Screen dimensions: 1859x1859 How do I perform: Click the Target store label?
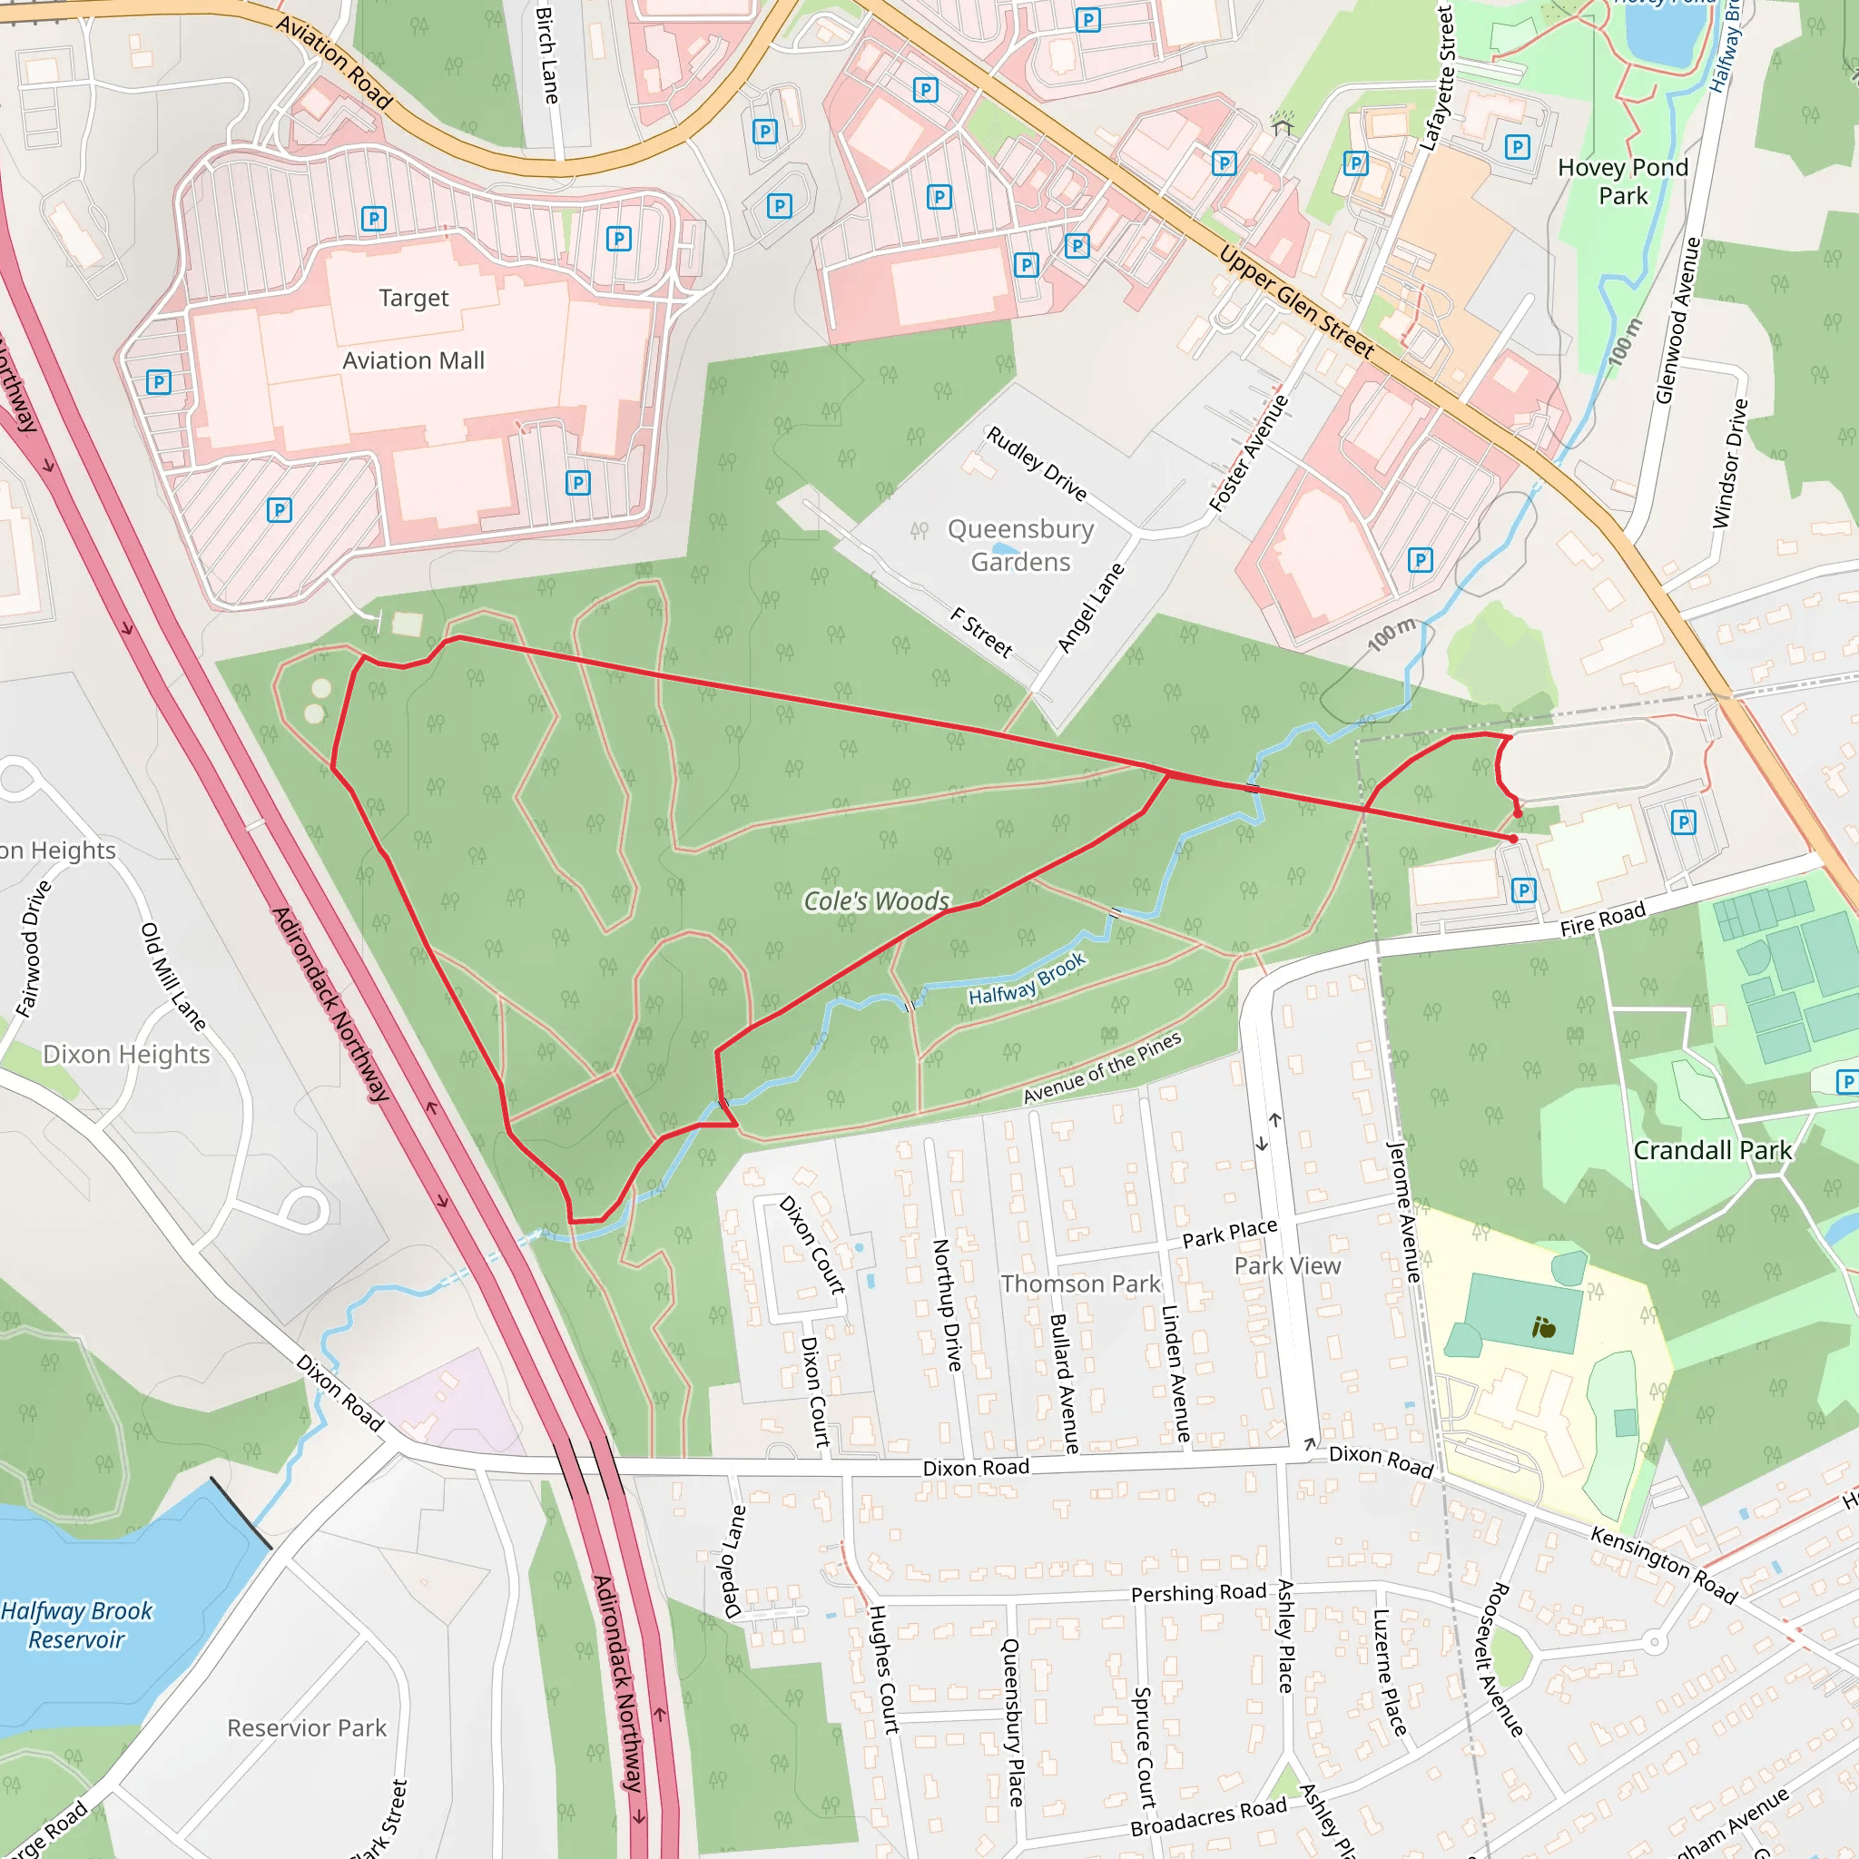pyautogui.click(x=414, y=299)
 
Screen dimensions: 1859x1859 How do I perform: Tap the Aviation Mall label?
pyautogui.click(x=414, y=361)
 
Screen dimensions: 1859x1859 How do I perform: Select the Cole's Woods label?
pyautogui.click(x=877, y=901)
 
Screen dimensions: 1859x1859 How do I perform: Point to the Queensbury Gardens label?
pyautogui.click(x=1021, y=546)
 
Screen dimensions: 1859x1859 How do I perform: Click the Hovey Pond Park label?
pyautogui.click(x=1623, y=182)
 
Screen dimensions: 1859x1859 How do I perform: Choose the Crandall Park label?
pyautogui.click(x=1713, y=1151)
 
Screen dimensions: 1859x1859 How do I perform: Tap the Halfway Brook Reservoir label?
pyautogui.click(x=77, y=1625)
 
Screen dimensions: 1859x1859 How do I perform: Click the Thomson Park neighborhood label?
pyautogui.click(x=1080, y=1284)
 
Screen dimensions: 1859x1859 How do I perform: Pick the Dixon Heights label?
pyautogui.click(x=126, y=1055)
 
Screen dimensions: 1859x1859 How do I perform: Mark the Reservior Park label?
pyautogui.click(x=307, y=1728)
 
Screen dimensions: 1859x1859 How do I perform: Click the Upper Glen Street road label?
pyautogui.click(x=1296, y=302)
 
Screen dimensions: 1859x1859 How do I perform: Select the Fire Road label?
pyautogui.click(x=1603, y=919)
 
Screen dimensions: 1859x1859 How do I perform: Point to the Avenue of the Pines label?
pyautogui.click(x=1102, y=1068)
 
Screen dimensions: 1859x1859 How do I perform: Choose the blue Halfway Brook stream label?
pyautogui.click(x=1027, y=979)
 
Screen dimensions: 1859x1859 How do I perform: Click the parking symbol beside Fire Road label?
pyautogui.click(x=1523, y=890)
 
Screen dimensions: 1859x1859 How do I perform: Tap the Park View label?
pyautogui.click(x=1287, y=1266)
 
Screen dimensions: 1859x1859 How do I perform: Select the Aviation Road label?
pyautogui.click(x=334, y=63)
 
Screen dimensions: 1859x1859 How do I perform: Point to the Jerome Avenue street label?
pyautogui.click(x=1403, y=1212)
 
